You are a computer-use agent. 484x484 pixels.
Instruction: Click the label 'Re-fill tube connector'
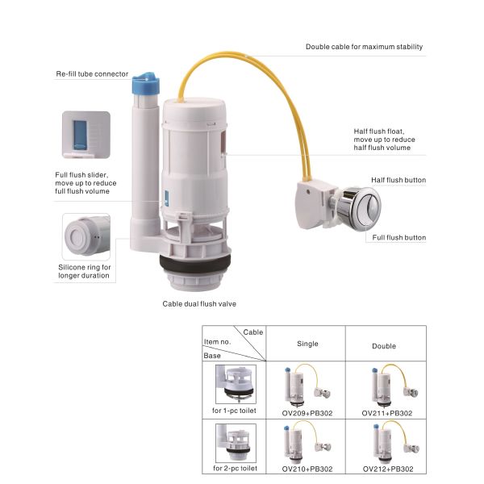tap(92, 74)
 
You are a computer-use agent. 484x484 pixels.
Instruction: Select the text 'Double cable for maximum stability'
tap(364, 47)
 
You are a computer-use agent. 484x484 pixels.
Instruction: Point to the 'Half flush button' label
tap(398, 180)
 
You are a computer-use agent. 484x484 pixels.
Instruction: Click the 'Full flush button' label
tap(398, 238)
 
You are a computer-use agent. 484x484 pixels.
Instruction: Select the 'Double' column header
tap(384, 346)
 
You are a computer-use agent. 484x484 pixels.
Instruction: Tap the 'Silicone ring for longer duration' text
tap(84, 271)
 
